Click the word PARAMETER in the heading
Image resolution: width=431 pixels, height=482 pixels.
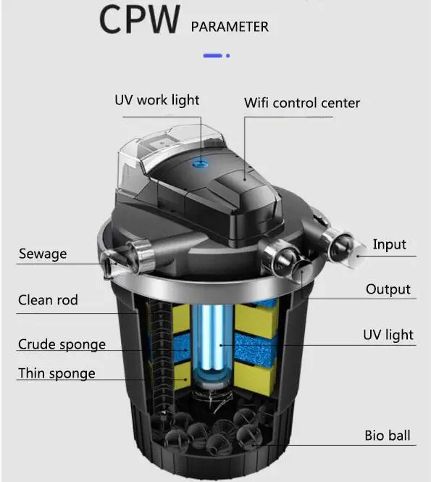(230, 27)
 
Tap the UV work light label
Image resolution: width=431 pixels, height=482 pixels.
(156, 100)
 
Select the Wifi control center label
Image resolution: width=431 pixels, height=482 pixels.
(301, 102)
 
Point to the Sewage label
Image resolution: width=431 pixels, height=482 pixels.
(43, 254)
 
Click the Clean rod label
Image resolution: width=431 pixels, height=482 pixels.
(48, 299)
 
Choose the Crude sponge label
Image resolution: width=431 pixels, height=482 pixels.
(62, 344)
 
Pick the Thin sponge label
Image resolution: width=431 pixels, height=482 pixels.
(57, 373)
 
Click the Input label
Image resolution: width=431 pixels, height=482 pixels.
(389, 244)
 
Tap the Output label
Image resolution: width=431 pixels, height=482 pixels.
(388, 289)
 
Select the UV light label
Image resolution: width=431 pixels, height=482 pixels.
(388, 334)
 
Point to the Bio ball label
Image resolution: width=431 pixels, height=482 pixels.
(387, 436)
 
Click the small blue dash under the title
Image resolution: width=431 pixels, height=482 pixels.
(216, 55)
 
